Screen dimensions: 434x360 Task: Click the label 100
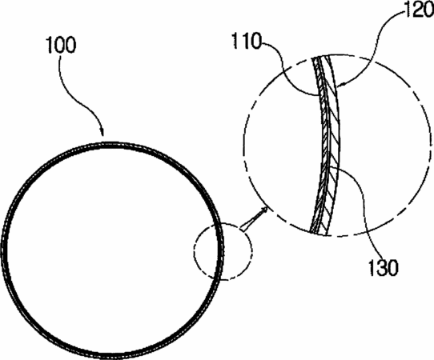point(62,46)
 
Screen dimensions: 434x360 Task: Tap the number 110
point(247,41)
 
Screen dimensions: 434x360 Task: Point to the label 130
point(384,268)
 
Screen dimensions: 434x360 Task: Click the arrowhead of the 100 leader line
point(102,132)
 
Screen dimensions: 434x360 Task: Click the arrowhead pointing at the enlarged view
point(264,210)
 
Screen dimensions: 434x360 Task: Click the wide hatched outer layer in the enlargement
point(335,144)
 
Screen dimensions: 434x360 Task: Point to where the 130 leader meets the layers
point(328,167)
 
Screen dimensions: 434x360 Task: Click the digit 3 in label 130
point(384,268)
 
